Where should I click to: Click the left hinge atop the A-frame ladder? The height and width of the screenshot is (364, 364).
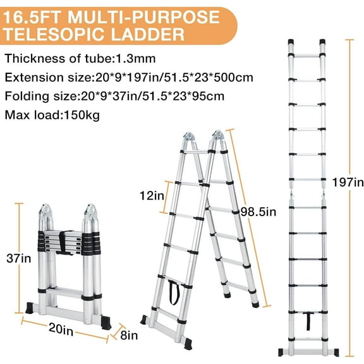point(191,140)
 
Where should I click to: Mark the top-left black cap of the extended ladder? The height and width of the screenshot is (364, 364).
point(292,45)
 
